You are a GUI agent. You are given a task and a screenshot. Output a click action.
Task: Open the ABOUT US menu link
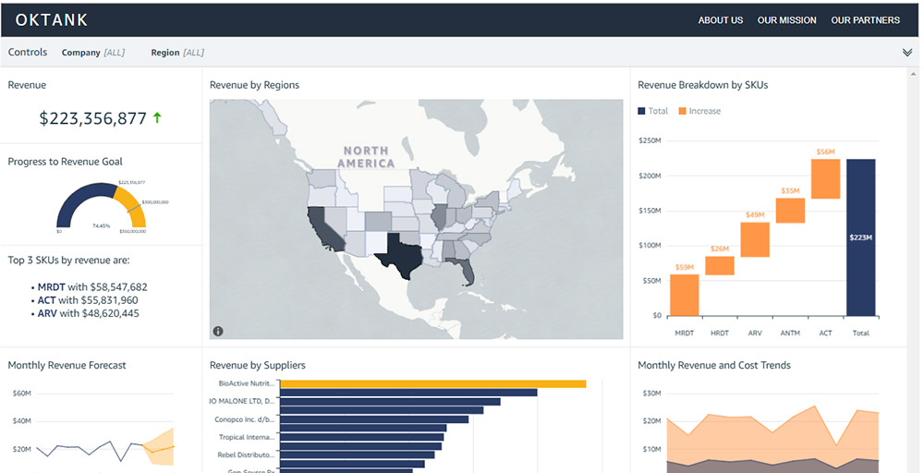point(720,20)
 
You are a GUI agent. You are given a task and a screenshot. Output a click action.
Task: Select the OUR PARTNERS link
point(865,20)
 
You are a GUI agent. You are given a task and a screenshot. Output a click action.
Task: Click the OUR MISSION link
point(786,20)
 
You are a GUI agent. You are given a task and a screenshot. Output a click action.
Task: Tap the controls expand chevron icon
point(907,53)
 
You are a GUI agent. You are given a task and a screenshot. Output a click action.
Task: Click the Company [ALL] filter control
point(92,53)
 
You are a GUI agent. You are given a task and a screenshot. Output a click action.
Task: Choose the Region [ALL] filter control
point(177,53)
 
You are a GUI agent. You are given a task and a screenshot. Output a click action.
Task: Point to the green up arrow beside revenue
point(157,117)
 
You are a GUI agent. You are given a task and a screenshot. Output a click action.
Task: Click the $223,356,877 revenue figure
point(92,118)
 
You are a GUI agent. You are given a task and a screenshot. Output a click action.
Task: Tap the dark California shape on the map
point(326,227)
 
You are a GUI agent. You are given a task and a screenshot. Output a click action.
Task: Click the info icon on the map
point(218,331)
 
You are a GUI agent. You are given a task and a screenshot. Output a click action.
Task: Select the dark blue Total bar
point(860,236)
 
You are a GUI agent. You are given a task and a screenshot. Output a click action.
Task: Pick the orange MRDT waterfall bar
point(684,295)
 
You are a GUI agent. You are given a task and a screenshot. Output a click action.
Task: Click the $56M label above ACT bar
point(825,152)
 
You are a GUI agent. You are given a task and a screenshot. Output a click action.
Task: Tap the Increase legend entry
point(699,111)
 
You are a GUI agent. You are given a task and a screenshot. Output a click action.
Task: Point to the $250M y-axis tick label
point(650,141)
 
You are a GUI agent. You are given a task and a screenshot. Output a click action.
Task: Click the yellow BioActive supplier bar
point(432,383)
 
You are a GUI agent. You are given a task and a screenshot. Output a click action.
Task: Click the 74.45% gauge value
point(102,225)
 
